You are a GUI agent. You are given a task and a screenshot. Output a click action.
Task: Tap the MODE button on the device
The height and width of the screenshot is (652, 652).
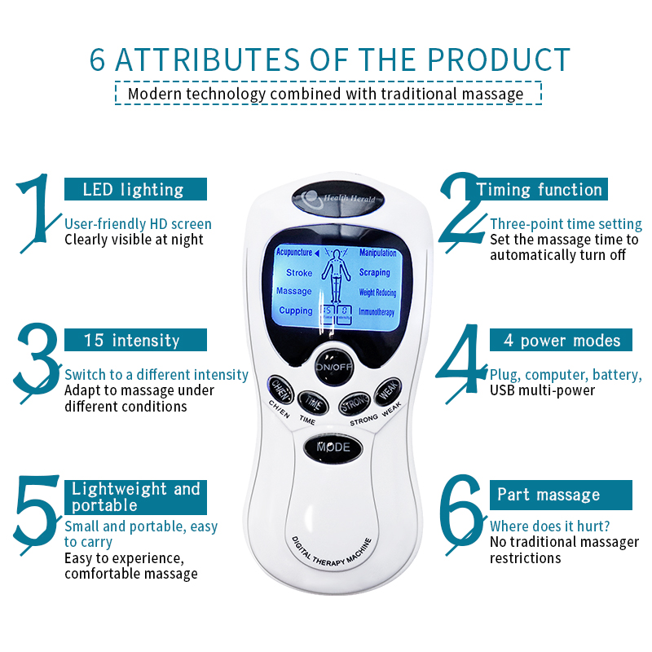[333, 447]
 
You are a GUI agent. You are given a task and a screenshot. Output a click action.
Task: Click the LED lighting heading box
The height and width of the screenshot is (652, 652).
[135, 189]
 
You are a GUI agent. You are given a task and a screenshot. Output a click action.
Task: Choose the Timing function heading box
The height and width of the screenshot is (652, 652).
[540, 190]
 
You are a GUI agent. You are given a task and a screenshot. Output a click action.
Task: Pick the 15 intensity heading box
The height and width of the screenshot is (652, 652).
[135, 339]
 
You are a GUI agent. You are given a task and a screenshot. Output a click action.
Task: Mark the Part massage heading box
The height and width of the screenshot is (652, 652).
[548, 495]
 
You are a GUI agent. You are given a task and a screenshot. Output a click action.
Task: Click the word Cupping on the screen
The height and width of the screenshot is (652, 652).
[296, 311]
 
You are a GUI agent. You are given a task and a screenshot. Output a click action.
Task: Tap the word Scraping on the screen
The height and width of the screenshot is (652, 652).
[375, 272]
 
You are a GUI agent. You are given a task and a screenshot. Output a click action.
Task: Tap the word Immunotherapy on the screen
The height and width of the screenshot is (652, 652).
[377, 311]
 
